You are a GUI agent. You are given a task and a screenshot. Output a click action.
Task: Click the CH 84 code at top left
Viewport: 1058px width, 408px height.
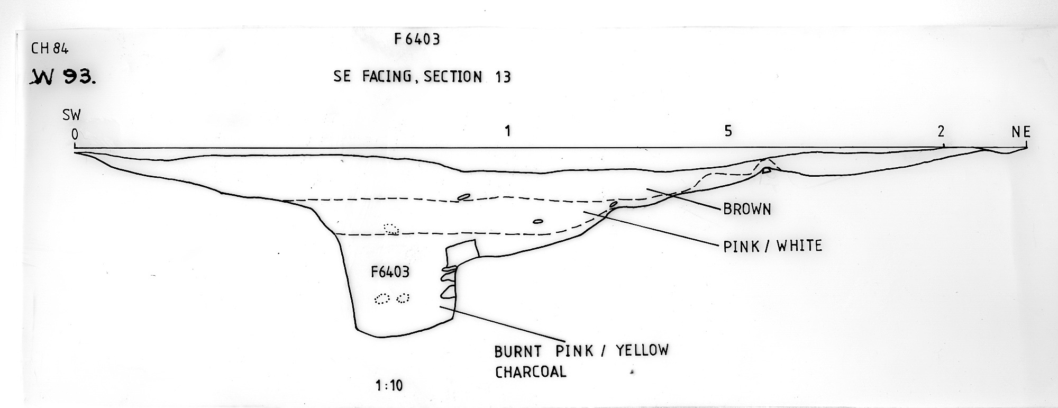coord(50,49)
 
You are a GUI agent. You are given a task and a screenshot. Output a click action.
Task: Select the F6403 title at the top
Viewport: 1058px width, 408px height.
coord(417,40)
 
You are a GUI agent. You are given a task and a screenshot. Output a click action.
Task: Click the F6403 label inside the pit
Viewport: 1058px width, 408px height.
coord(390,273)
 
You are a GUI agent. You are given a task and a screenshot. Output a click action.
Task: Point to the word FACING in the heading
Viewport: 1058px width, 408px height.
coord(387,77)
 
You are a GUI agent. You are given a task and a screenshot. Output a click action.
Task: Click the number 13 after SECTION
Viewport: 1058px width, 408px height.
coord(503,77)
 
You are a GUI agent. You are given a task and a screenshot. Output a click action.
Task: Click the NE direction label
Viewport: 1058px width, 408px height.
coord(1021,132)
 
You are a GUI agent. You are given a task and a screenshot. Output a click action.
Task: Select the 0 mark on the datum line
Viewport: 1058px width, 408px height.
coord(75,135)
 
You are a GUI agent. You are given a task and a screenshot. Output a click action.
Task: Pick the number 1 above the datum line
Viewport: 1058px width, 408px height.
coord(508,131)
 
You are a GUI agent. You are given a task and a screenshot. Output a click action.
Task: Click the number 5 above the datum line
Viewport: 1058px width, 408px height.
coord(728,131)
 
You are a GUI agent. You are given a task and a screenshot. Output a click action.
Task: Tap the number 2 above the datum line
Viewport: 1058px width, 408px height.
coord(941,131)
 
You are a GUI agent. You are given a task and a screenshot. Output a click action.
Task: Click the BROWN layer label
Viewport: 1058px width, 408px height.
coord(747,209)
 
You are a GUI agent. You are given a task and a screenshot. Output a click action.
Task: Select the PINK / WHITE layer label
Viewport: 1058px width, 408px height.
coord(773,246)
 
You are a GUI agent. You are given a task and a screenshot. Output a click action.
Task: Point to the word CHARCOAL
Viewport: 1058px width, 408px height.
coord(531,372)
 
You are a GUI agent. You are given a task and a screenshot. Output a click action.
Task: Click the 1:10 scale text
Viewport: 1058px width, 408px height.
coord(389,386)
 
